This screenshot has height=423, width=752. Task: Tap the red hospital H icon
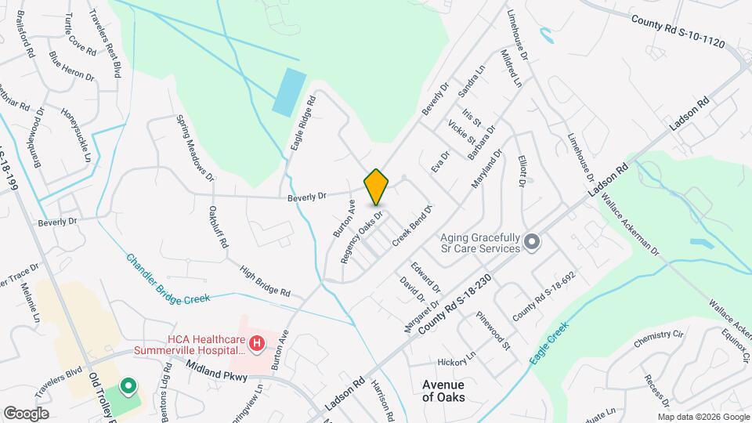255,342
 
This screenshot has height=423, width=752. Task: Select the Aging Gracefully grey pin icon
531,242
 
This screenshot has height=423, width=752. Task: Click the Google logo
26,413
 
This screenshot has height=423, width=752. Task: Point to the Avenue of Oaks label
443,391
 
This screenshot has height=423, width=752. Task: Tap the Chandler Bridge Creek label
168,278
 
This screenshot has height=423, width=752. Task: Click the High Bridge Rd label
266,282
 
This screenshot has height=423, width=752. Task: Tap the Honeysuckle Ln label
77,135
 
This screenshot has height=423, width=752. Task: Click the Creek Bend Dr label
412,226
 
